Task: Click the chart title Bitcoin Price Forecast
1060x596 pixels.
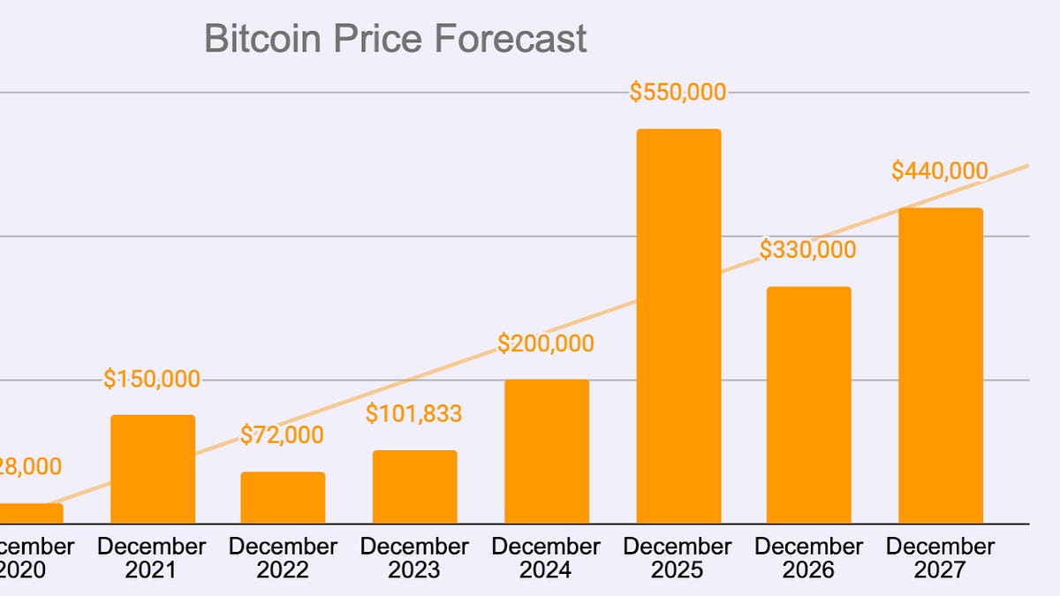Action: click(395, 40)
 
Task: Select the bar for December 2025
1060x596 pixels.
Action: click(678, 327)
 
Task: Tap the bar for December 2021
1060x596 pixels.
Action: click(152, 469)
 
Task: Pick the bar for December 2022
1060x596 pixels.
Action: click(283, 498)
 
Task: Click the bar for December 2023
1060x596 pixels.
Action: click(414, 487)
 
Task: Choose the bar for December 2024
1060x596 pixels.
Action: click(546, 451)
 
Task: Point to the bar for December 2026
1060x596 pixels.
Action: click(808, 405)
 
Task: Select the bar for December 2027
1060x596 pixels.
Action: click(940, 366)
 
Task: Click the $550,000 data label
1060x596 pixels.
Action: click(678, 92)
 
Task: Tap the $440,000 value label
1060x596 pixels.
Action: click(939, 170)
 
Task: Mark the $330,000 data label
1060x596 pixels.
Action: click(808, 250)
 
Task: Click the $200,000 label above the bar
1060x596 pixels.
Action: click(545, 343)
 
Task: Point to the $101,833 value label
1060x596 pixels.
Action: click(414, 413)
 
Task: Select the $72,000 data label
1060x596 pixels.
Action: click(282, 434)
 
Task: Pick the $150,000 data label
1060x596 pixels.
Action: click(152, 379)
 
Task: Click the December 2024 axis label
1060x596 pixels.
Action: click(546, 558)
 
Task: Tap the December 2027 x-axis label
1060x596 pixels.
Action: click(940, 558)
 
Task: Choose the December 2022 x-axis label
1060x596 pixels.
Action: click(283, 558)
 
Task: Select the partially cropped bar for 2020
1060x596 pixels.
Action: click(31, 513)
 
